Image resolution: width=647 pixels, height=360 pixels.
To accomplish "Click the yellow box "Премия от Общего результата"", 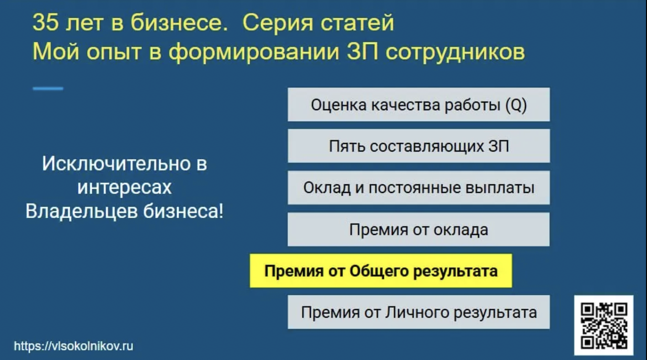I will pyautogui.click(x=381, y=271).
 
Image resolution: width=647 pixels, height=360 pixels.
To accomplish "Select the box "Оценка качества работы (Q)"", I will pyautogui.click(x=418, y=105).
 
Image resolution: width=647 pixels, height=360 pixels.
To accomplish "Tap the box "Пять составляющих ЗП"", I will pyautogui.click(x=418, y=146).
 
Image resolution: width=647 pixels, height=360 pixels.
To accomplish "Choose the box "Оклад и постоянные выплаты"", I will pyautogui.click(x=418, y=188).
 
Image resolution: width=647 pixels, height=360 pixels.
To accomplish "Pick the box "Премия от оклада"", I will pyautogui.click(x=418, y=229).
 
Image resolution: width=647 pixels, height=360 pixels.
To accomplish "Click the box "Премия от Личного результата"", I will pyautogui.click(x=418, y=312).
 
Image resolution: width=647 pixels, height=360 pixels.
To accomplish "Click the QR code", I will pyautogui.click(x=604, y=325).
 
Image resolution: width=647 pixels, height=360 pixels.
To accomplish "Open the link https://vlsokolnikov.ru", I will pyautogui.click(x=73, y=346).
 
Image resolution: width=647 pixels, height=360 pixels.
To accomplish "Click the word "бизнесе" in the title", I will pyautogui.click(x=179, y=22).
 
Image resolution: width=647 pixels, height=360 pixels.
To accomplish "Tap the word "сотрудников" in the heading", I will pyautogui.click(x=455, y=52).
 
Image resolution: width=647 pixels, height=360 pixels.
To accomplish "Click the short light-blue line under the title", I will pyautogui.click(x=48, y=88).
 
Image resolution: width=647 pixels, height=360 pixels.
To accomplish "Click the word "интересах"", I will pyautogui.click(x=124, y=187).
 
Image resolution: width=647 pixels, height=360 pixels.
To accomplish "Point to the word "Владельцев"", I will pyautogui.click(x=81, y=211).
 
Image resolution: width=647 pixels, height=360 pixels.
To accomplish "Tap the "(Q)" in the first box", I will pyautogui.click(x=516, y=105).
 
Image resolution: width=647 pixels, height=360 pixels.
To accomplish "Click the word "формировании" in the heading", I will pyautogui.click(x=254, y=52).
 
